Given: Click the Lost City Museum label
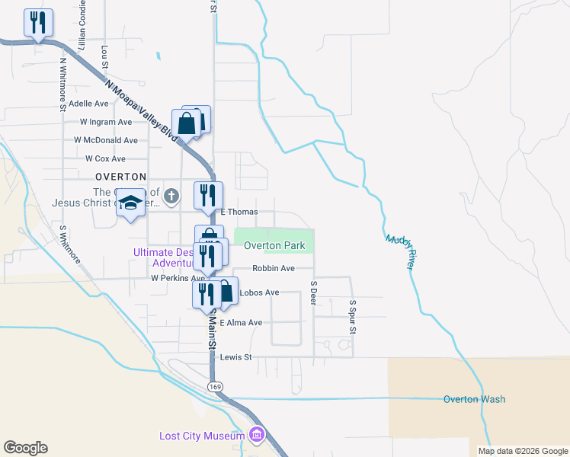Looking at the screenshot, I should point(202,436).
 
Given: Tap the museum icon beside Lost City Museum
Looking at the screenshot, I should point(257,436).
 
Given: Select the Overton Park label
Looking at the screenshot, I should point(274,246).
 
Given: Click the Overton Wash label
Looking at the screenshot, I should point(474,399).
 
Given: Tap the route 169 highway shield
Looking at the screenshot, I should point(216,387).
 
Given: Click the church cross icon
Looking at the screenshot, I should point(172,197).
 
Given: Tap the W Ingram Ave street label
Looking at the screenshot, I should point(106,122).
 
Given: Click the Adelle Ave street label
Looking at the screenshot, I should point(89,103).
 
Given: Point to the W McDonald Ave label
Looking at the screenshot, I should point(106,140).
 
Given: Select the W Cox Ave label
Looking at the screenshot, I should point(105,158).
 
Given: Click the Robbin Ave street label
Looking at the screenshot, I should point(274,269).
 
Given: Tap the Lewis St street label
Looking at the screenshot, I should point(235,357).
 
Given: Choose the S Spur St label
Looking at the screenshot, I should point(353,316).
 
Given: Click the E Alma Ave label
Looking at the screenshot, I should point(241,323).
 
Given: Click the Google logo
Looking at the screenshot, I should point(25,448).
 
